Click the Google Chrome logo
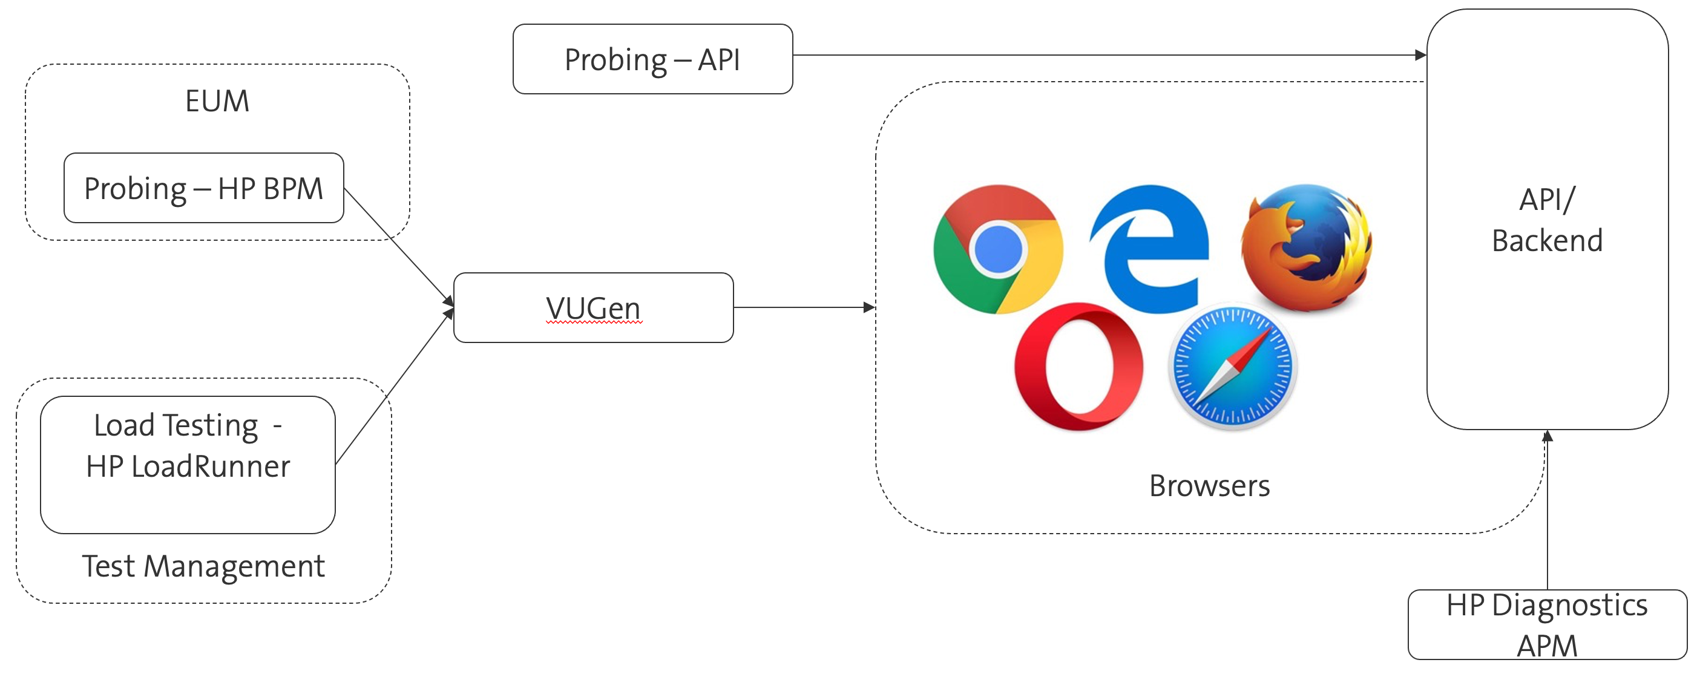pos(998,249)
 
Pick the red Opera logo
pos(1078,366)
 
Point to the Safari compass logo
pos(1232,366)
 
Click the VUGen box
pos(593,308)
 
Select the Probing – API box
pos(652,59)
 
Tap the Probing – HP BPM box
pos(203,188)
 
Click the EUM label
pos(217,101)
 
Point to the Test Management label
pos(203,566)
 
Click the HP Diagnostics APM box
pos(1547,624)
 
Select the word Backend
pos(1547,240)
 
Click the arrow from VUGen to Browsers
pos(804,307)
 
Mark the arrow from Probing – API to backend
pos(1107,55)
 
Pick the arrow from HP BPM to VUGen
pos(399,247)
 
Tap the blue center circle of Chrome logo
pos(998,249)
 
